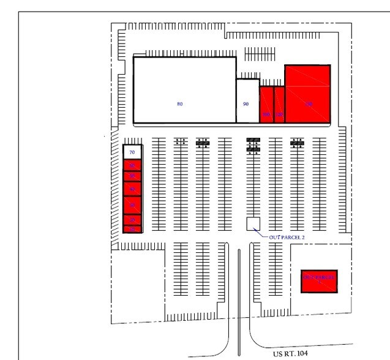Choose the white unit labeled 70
(x=132, y=152)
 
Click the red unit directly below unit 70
(x=132, y=165)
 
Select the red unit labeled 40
(x=132, y=189)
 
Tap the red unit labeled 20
(x=132, y=220)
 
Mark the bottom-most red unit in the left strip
(x=132, y=229)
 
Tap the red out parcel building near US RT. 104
(x=319, y=280)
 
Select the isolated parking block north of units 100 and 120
(x=260, y=54)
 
